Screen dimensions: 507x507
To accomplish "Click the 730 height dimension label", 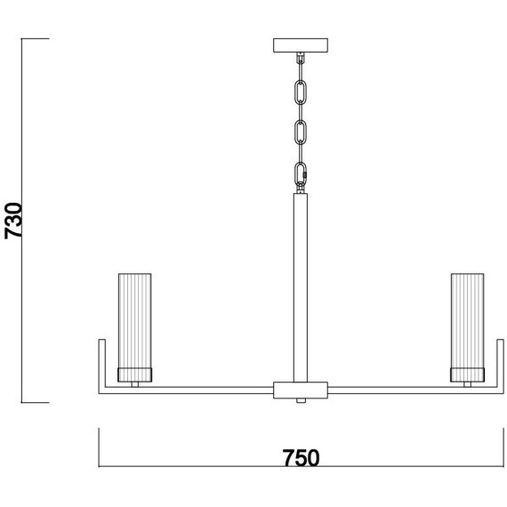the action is pos(13,221).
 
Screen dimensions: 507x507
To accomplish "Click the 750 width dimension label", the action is pos(301,458).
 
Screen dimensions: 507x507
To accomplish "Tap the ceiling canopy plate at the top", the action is pos(301,45).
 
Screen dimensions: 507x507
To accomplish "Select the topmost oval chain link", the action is pos(301,93).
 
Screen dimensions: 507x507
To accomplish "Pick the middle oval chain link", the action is pos(301,133).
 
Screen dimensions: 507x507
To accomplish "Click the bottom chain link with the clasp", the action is pos(301,174).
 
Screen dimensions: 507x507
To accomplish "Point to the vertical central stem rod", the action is pos(301,288).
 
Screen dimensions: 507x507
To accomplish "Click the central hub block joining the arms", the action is pos(301,390).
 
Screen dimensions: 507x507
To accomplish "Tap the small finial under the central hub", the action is pos(301,400).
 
